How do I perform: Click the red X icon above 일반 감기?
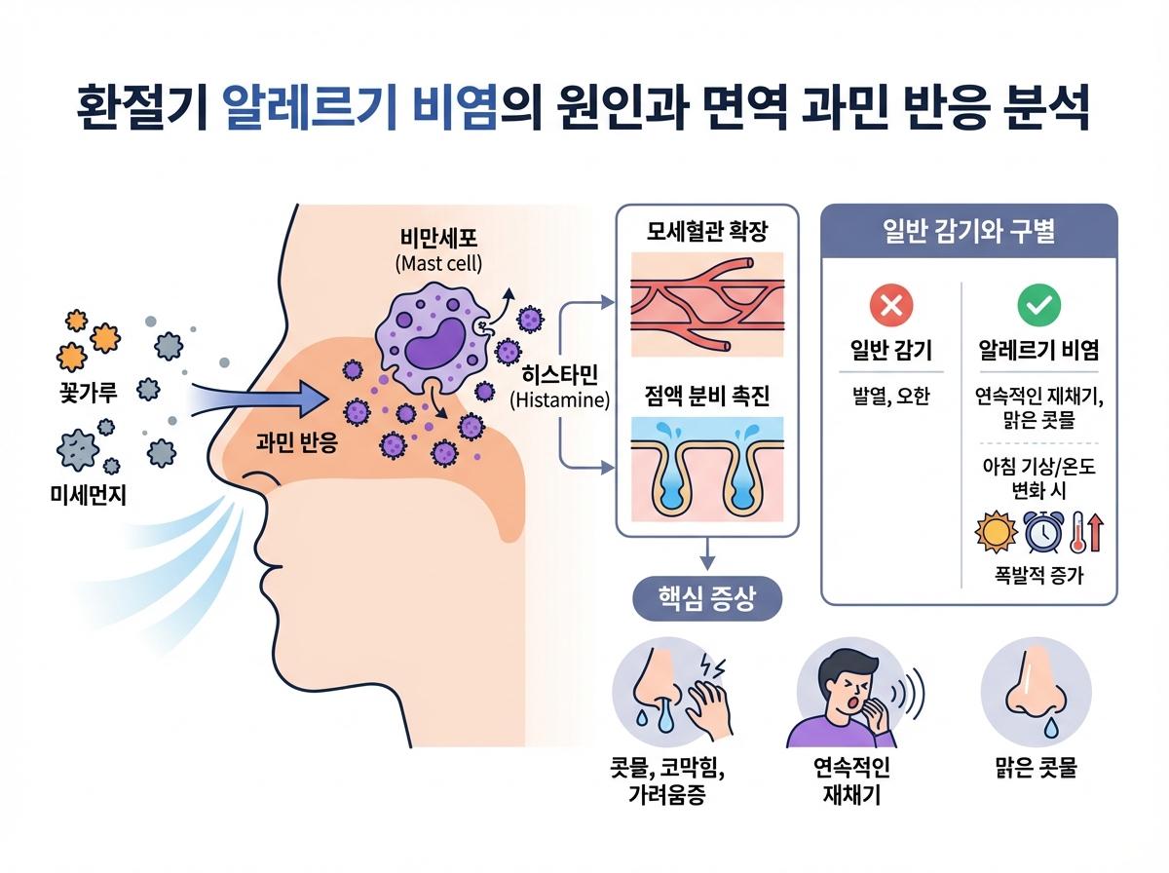tap(891, 306)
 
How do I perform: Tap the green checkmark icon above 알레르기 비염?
tap(1037, 306)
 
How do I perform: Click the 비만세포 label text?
tap(439, 240)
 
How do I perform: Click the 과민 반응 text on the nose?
tap(296, 443)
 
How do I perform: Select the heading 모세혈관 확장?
tap(706, 233)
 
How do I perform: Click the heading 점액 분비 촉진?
tap(706, 397)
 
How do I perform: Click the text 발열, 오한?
tap(890, 397)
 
